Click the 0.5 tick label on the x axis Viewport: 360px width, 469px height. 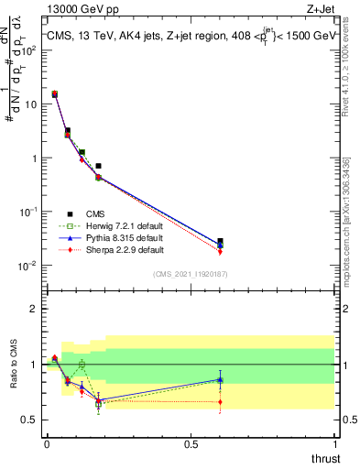point(191,444)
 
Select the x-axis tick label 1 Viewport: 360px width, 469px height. point(335,444)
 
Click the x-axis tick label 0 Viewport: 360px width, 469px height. point(47,444)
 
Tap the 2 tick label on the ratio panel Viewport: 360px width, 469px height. point(33,309)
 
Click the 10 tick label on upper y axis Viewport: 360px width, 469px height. point(29,104)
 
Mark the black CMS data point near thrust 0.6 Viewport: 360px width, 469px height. point(219,241)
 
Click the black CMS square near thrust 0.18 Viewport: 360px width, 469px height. point(98,166)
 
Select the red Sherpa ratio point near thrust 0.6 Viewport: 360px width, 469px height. point(219,401)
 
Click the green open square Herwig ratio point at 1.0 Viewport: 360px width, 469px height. point(82,365)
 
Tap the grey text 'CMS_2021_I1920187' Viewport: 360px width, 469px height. point(191,273)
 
